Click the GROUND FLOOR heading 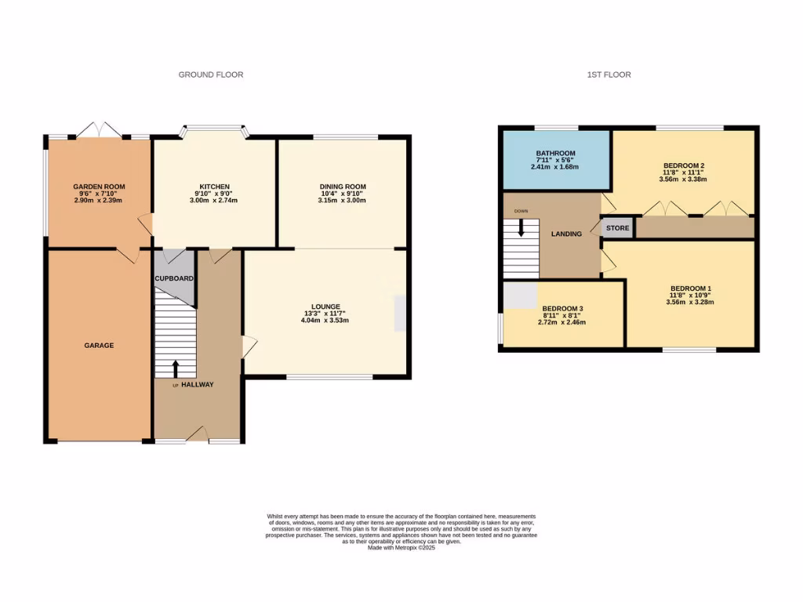(211, 75)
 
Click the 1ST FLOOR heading (609, 75)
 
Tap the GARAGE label (100, 345)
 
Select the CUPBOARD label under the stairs (173, 278)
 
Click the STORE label (618, 229)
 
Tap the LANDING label (566, 234)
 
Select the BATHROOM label (556, 153)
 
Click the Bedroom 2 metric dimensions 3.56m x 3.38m (684, 179)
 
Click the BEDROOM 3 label (562, 308)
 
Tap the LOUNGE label (325, 306)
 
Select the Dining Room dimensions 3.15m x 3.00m (342, 201)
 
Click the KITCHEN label (213, 187)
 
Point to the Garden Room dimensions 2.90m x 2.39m (99, 201)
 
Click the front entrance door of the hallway (198, 436)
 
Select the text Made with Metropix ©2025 (401, 548)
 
